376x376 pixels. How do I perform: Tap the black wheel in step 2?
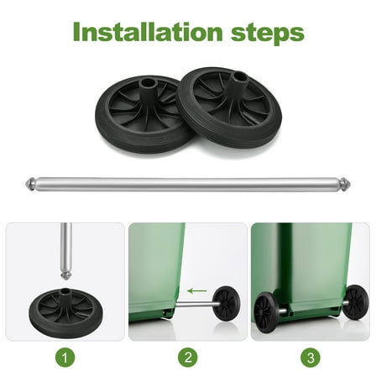pos(225,303)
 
